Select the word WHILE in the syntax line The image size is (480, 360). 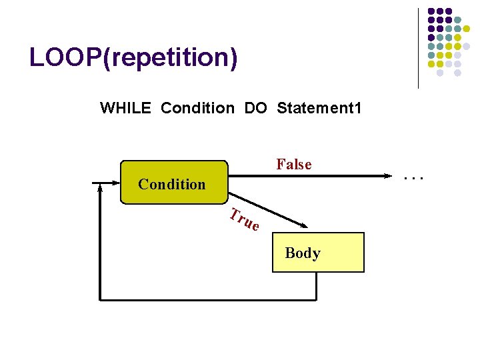126,107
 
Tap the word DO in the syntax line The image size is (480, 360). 255,107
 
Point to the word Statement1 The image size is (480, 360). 319,107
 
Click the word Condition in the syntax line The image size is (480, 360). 197,107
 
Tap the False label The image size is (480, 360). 294,164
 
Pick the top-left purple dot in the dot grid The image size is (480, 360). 431,11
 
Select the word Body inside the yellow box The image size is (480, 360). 303,253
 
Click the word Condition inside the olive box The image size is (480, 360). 172,184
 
